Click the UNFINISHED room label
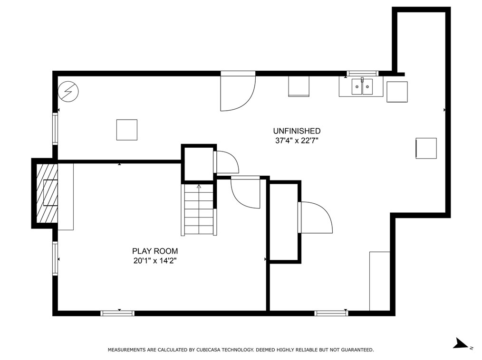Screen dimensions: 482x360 pos(297,131)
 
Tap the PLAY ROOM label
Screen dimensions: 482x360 pos(155,251)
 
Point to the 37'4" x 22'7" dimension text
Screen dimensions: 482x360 pos(297,141)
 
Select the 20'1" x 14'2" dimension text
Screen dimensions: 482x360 pos(155,261)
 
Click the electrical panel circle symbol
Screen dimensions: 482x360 pos(68,92)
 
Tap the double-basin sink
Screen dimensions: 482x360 pos(362,86)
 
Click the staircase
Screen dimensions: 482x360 pos(199,209)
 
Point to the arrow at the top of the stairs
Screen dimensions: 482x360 pos(199,186)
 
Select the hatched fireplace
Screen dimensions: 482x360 pos(47,193)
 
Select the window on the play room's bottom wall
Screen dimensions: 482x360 pos(117,313)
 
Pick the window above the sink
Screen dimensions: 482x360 pos(363,74)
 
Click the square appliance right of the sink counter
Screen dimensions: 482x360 pos(397,92)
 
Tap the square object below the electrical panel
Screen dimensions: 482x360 pos(126,130)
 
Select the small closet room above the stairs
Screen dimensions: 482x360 pos(199,164)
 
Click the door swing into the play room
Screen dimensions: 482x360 pos(245,193)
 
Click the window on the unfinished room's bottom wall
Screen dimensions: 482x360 pos(331,313)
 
